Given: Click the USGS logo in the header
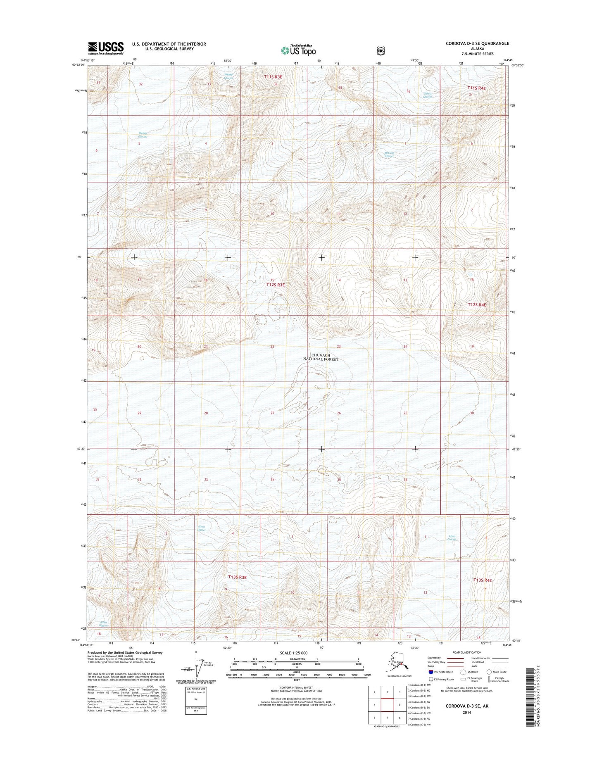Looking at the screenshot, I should coord(105,48).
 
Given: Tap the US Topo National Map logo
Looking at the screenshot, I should coord(298,50).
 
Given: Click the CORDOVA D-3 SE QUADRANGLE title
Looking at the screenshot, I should coord(477,43).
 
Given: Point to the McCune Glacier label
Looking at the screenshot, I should coord(389,155).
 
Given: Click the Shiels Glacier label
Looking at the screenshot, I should coord(428,95).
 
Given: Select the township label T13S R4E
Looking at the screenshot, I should coord(483,580).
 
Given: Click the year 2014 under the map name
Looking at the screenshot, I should coord(467,713).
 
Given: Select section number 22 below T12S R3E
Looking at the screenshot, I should coord(272,346).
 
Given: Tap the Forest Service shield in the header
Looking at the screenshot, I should coord(381,50).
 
